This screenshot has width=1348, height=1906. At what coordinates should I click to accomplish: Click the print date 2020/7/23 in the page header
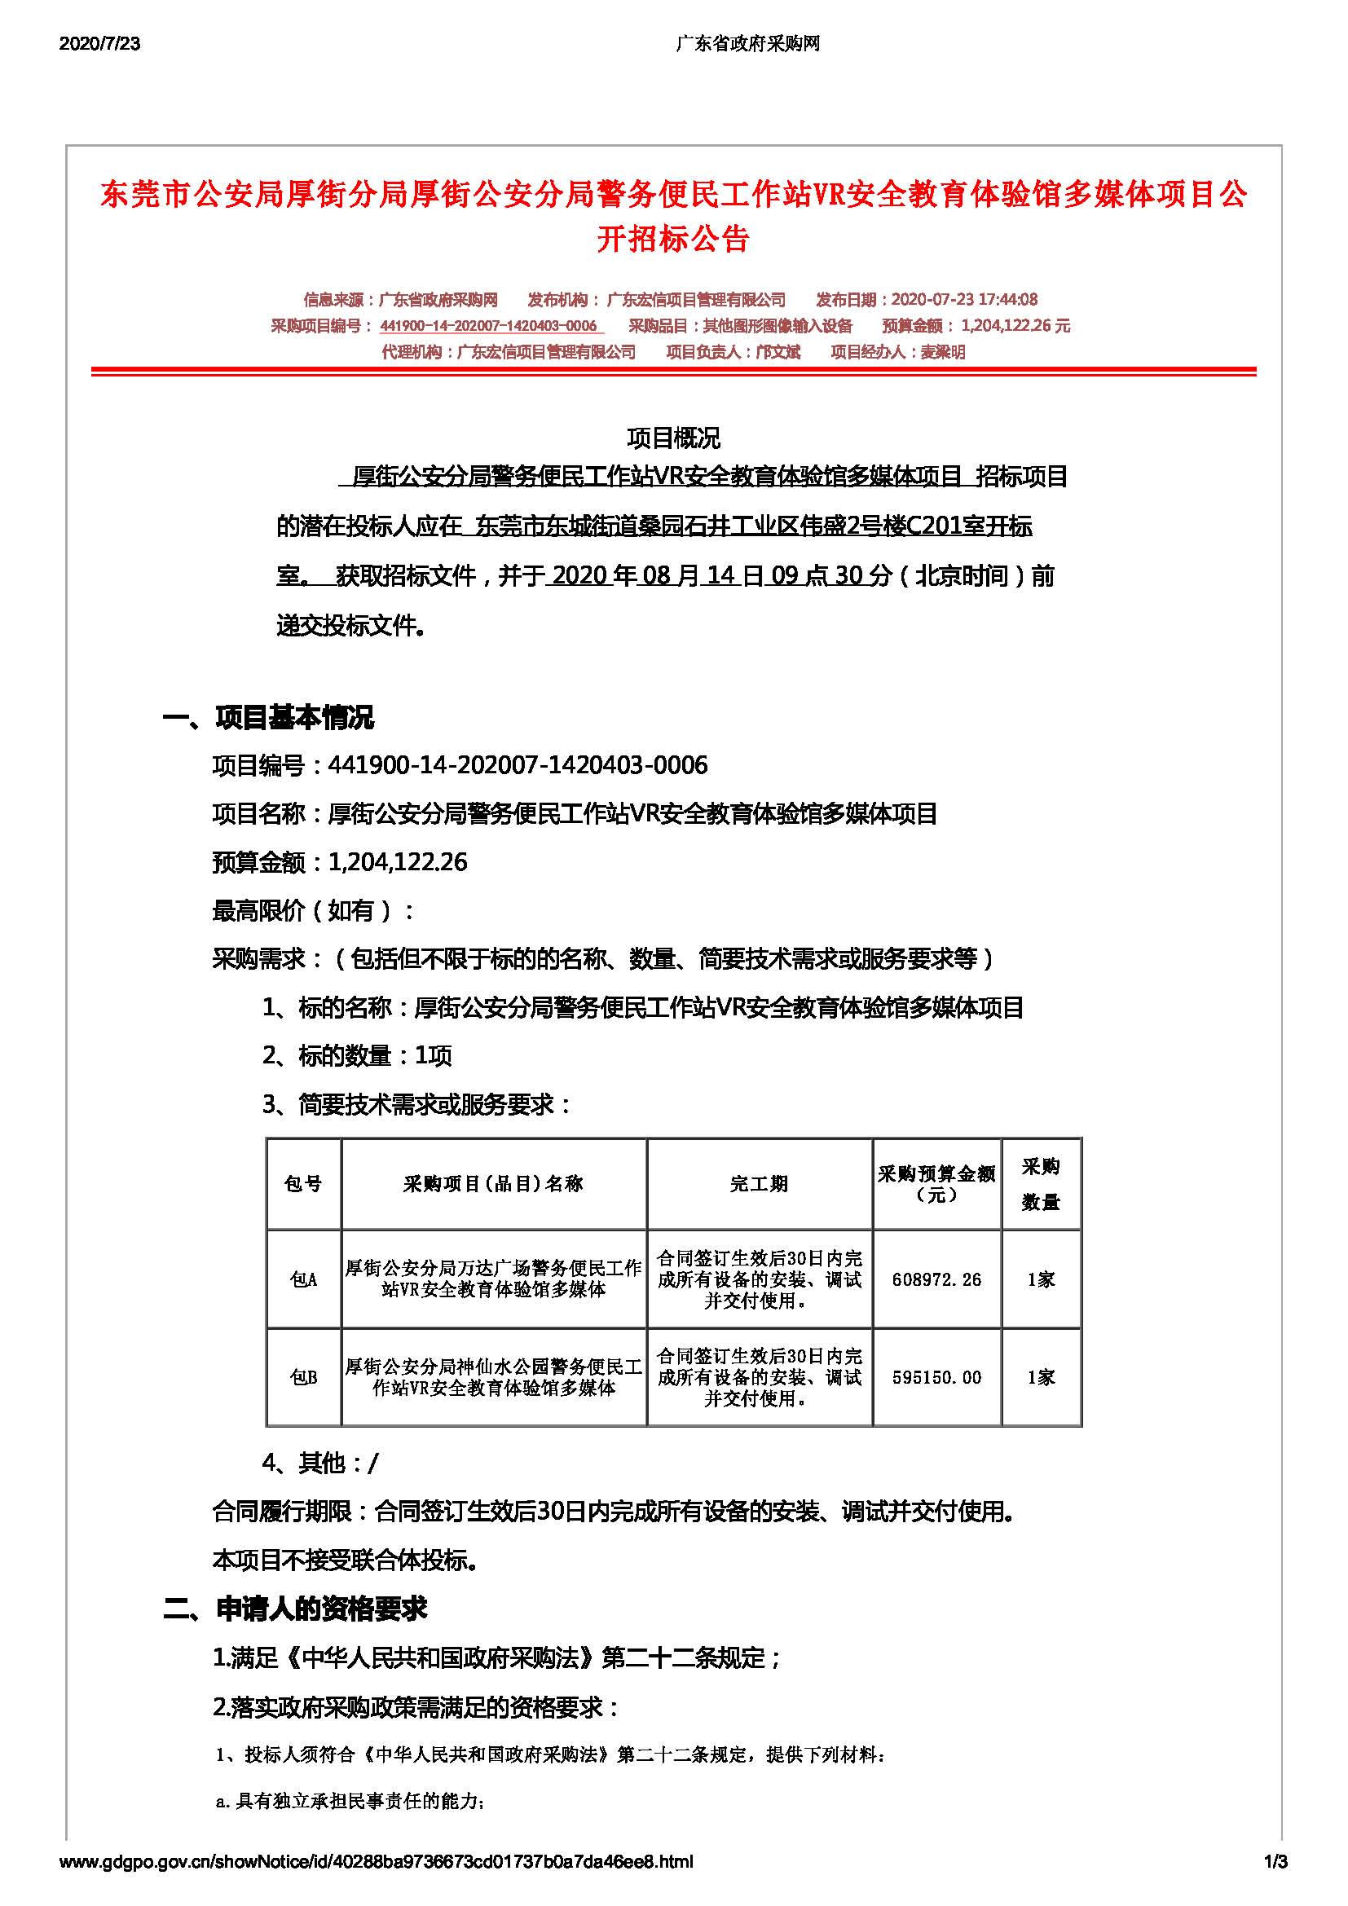click(99, 44)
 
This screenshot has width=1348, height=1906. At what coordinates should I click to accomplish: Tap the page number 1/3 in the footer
click(1275, 1861)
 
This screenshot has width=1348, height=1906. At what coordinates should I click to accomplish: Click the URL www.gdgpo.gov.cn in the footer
click(376, 1861)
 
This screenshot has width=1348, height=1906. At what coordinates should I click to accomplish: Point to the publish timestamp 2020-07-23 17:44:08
click(963, 300)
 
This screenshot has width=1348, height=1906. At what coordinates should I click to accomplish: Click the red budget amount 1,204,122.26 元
click(1015, 326)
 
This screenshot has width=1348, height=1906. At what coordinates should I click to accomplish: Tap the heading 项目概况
click(673, 438)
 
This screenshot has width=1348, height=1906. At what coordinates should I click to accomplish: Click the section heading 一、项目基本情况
click(268, 716)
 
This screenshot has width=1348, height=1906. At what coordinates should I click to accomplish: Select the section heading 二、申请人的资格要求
click(295, 1609)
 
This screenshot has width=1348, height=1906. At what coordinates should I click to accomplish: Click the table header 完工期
click(759, 1184)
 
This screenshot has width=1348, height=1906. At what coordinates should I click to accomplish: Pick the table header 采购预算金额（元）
click(936, 1184)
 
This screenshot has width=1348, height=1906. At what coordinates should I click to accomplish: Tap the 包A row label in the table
click(303, 1279)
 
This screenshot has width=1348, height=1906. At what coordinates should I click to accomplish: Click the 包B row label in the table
click(303, 1377)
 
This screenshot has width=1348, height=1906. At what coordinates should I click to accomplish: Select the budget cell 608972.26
click(936, 1279)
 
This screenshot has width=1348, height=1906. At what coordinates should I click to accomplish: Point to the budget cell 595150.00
click(936, 1377)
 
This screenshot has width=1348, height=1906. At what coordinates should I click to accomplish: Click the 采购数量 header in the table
click(1040, 1184)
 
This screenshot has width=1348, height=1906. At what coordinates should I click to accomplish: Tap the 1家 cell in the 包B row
click(1040, 1377)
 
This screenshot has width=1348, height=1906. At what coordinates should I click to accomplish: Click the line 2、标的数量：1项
click(357, 1056)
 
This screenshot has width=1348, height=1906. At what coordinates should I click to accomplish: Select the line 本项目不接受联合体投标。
click(346, 1560)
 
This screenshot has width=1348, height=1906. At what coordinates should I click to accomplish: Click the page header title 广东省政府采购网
click(748, 44)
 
